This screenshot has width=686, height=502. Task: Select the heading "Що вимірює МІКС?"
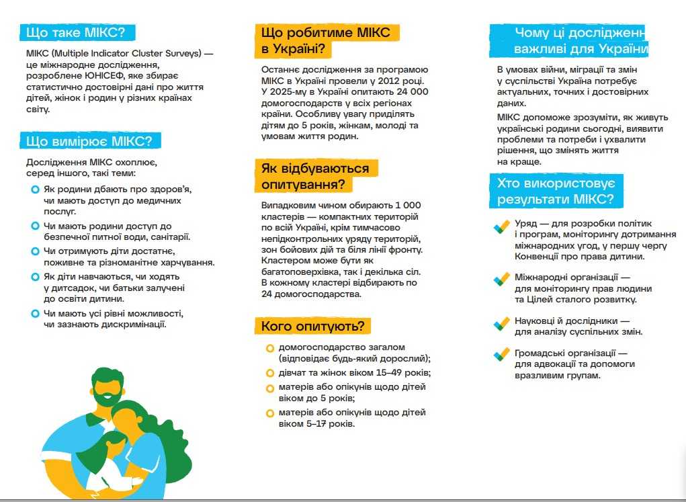point(89,140)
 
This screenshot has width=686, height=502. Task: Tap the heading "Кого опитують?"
point(313,327)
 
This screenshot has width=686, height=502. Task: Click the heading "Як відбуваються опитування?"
point(315,176)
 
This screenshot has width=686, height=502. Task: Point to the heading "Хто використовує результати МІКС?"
point(555,191)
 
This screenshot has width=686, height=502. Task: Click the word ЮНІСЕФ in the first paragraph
point(112,76)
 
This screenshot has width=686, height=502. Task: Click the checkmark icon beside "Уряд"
point(501,228)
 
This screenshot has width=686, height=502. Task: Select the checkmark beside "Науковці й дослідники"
point(501,323)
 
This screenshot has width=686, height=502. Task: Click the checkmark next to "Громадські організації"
point(501,354)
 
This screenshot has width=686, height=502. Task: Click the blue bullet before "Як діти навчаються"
point(35,277)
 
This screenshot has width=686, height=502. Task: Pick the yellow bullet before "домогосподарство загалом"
point(269,348)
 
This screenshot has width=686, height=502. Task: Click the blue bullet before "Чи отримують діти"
point(35,251)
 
